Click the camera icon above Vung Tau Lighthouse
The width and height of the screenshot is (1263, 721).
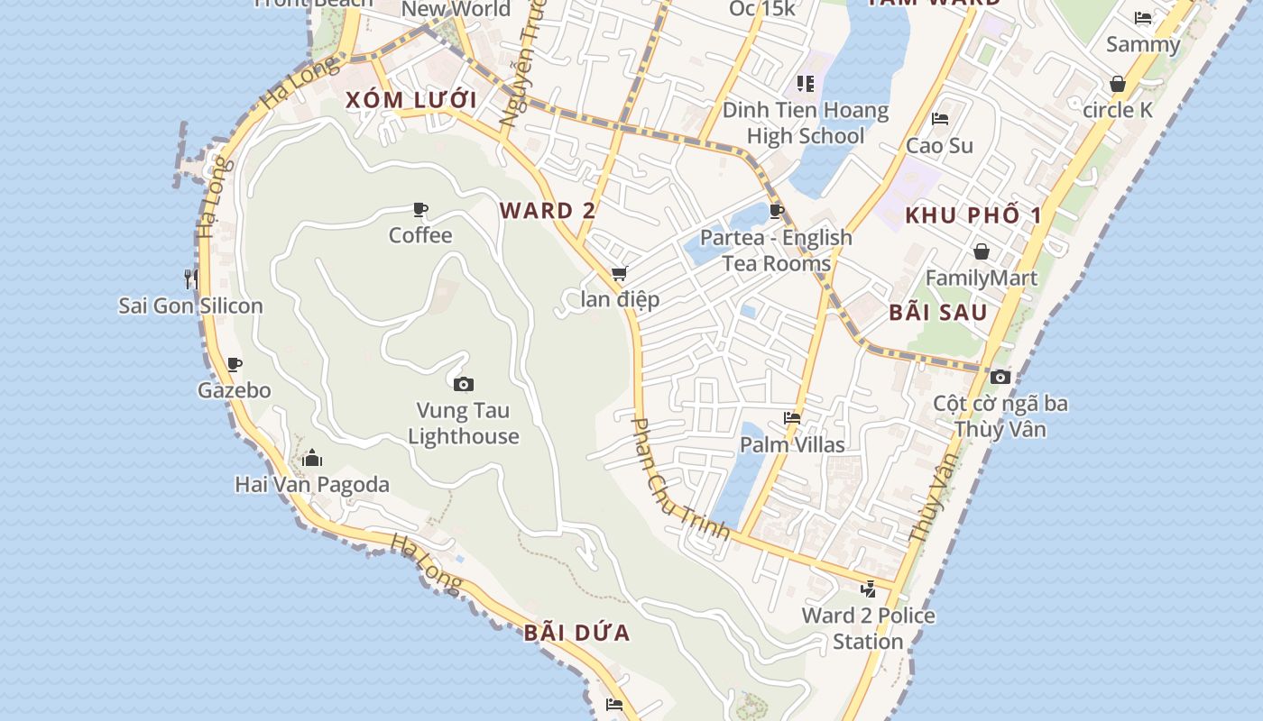[464, 385]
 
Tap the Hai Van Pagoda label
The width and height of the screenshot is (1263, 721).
[312, 485]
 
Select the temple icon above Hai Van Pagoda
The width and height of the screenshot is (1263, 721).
[312, 458]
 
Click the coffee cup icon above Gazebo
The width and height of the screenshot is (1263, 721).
[235, 364]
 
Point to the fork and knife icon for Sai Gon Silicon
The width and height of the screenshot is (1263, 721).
[190, 278]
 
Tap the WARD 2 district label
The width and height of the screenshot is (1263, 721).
[548, 211]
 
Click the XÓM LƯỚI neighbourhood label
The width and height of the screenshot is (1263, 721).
[410, 100]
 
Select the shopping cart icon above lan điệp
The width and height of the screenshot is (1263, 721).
[619, 273]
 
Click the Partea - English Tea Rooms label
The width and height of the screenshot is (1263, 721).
[776, 251]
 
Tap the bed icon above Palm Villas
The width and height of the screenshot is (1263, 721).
[792, 418]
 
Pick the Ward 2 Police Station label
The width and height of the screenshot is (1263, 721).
[868, 628]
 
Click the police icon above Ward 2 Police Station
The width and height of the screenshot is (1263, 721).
[868, 589]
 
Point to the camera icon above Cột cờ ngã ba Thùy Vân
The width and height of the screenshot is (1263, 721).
[1000, 378]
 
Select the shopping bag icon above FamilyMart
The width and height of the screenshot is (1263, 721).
[981, 251]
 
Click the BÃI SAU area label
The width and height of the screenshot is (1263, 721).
[938, 313]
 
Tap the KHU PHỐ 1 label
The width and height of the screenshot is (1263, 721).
[973, 215]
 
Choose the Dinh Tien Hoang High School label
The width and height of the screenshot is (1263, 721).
[806, 123]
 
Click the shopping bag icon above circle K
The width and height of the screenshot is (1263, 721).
[1118, 84]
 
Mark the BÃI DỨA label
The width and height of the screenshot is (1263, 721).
[576, 633]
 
